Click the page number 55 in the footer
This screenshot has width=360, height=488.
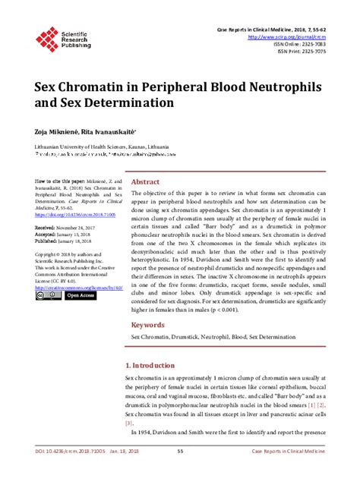[x=180, y=472]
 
